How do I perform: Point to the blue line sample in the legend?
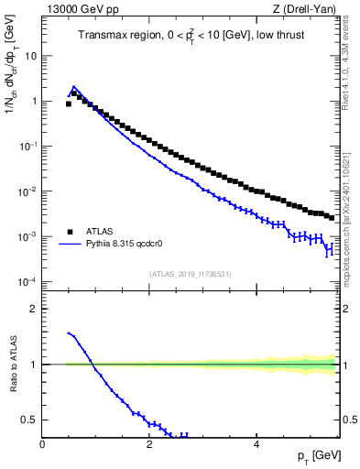[70, 245]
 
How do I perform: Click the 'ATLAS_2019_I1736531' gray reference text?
[190, 274]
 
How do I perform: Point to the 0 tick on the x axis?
[42, 444]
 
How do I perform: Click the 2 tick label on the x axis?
[148, 444]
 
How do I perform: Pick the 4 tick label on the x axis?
[256, 444]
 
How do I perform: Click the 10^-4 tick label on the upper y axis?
[27, 281]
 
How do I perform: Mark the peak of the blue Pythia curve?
[74, 87]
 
